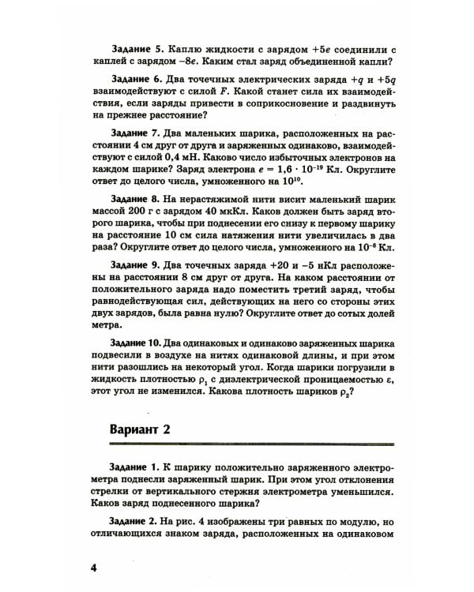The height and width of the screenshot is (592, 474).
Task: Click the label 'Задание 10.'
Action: coord(136,342)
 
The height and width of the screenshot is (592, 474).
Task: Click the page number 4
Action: coord(93,568)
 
